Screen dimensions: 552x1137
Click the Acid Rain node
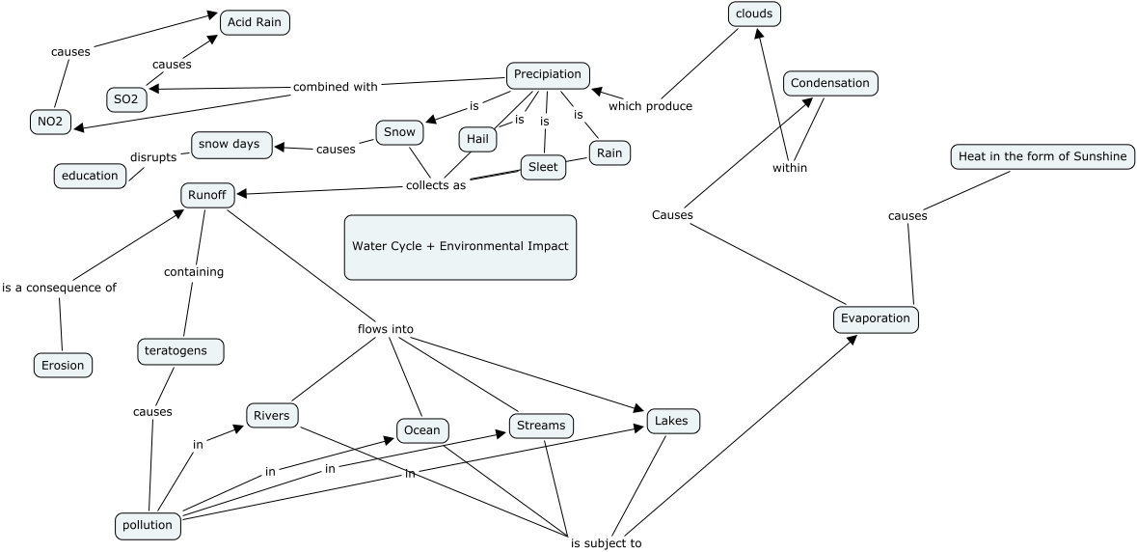(x=255, y=22)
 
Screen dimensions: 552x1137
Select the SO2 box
(x=126, y=99)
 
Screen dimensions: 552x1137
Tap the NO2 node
(x=50, y=122)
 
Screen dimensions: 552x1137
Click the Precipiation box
(x=548, y=74)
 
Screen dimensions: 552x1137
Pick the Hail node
(x=477, y=140)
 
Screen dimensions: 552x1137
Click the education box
(x=90, y=176)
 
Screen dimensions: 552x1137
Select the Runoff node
(x=207, y=195)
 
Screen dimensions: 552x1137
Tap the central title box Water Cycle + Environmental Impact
(x=460, y=247)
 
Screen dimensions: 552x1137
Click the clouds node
(x=754, y=14)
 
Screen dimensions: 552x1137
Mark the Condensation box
(x=829, y=84)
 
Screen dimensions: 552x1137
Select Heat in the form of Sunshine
(x=1041, y=156)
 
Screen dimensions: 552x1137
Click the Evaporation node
(x=876, y=318)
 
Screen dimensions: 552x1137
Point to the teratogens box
(x=180, y=351)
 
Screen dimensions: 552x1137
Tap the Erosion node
(x=64, y=365)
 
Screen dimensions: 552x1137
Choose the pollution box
(x=148, y=526)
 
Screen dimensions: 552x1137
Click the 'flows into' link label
(x=386, y=329)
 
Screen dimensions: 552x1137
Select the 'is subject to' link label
(x=606, y=543)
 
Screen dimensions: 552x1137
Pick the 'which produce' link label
(x=650, y=106)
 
